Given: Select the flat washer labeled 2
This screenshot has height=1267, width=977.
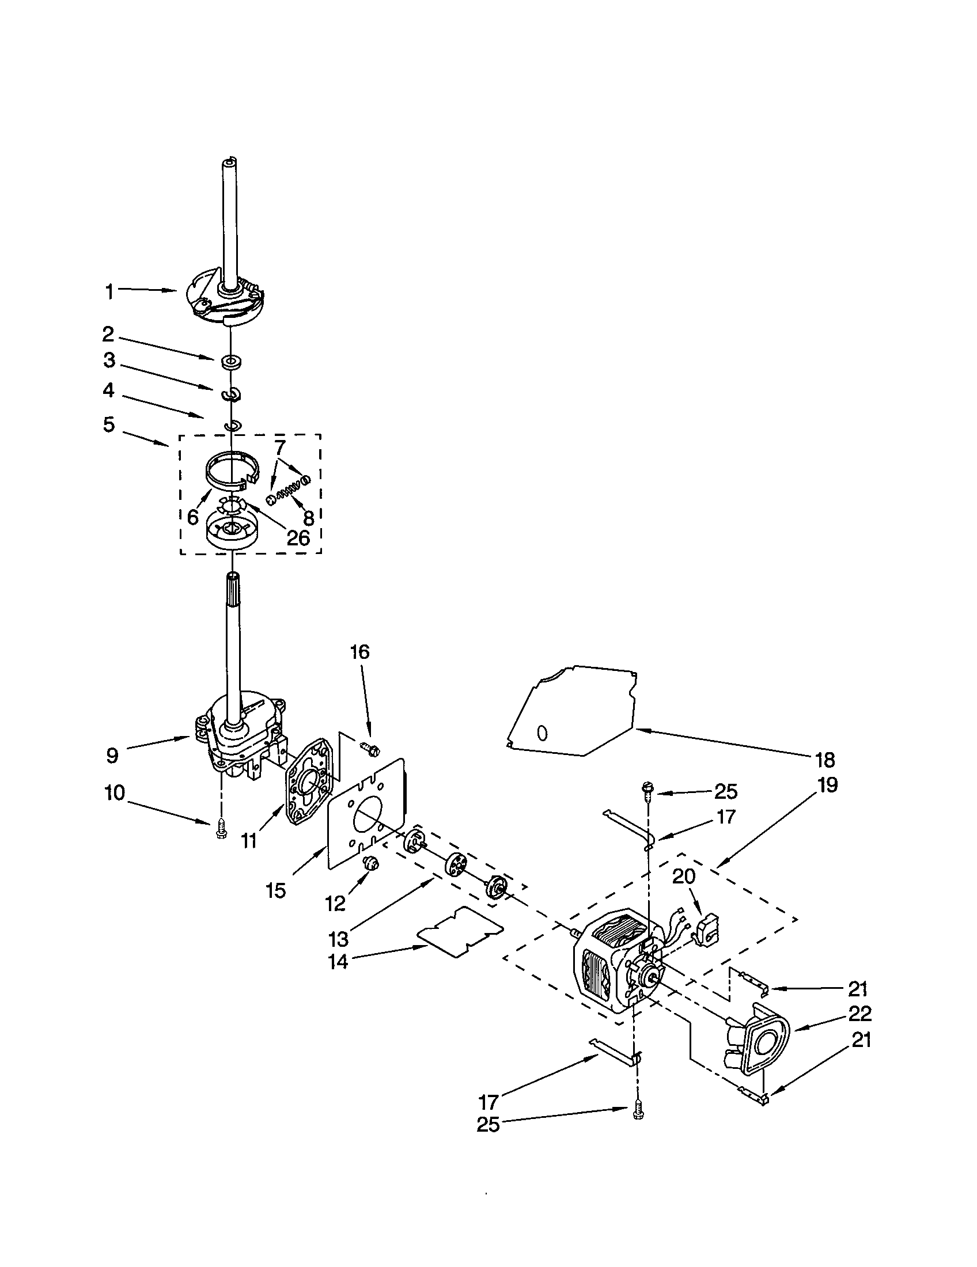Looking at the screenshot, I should click(x=231, y=363).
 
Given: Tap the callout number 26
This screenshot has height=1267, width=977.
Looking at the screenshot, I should click(x=298, y=538).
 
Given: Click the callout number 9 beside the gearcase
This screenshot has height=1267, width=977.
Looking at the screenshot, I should click(x=112, y=756).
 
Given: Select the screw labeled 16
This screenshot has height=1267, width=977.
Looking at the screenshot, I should click(x=369, y=749).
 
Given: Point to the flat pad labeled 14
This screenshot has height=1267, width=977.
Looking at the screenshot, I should click(x=460, y=930).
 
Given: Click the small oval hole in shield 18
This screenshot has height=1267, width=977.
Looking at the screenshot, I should click(x=542, y=733).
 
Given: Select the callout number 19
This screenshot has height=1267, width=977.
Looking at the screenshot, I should click(x=827, y=785).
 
